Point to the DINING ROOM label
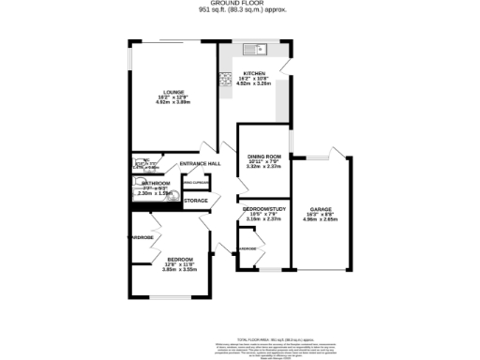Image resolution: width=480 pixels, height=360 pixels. point(264,157)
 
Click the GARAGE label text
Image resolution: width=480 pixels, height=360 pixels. point(322,210)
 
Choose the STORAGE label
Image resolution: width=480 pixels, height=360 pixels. point(196,201)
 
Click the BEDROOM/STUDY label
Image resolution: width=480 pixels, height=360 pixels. point(264,207)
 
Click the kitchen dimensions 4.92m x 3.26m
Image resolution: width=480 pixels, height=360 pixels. point(255,84)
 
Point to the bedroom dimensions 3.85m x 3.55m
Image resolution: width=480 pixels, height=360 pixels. point(180,269)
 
